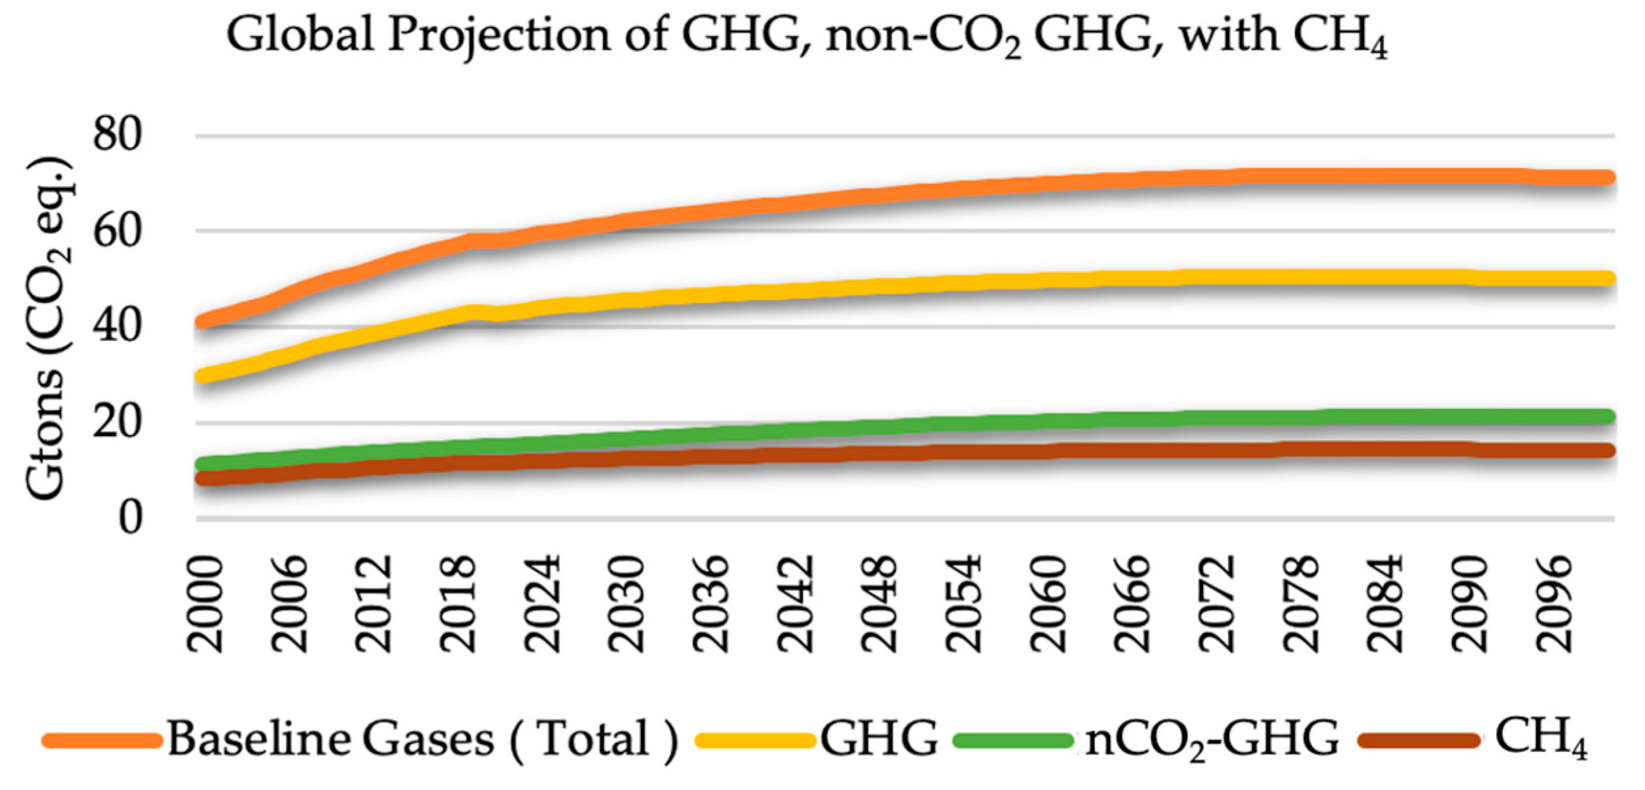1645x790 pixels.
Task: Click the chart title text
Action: pyautogui.click(x=806, y=36)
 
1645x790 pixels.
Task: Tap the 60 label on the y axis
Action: pyautogui.click(x=117, y=230)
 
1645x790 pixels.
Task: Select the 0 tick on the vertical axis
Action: pyautogui.click(x=130, y=518)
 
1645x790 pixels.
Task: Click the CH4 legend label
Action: pyautogui.click(x=1541, y=739)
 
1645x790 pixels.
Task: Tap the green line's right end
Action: pyautogui.click(x=1609, y=416)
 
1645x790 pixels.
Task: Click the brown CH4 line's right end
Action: pyautogui.click(x=1609, y=451)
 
